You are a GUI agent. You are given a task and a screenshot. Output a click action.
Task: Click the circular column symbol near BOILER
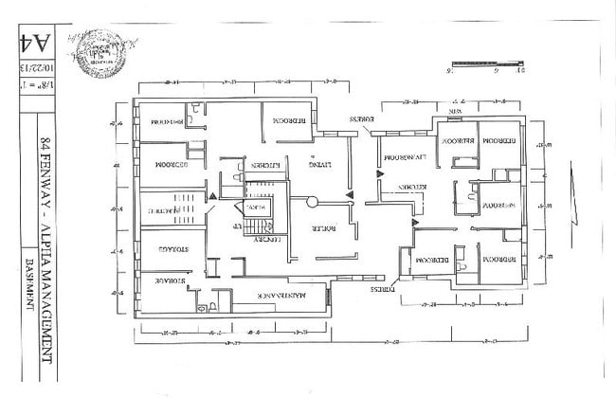(x=308, y=201)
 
